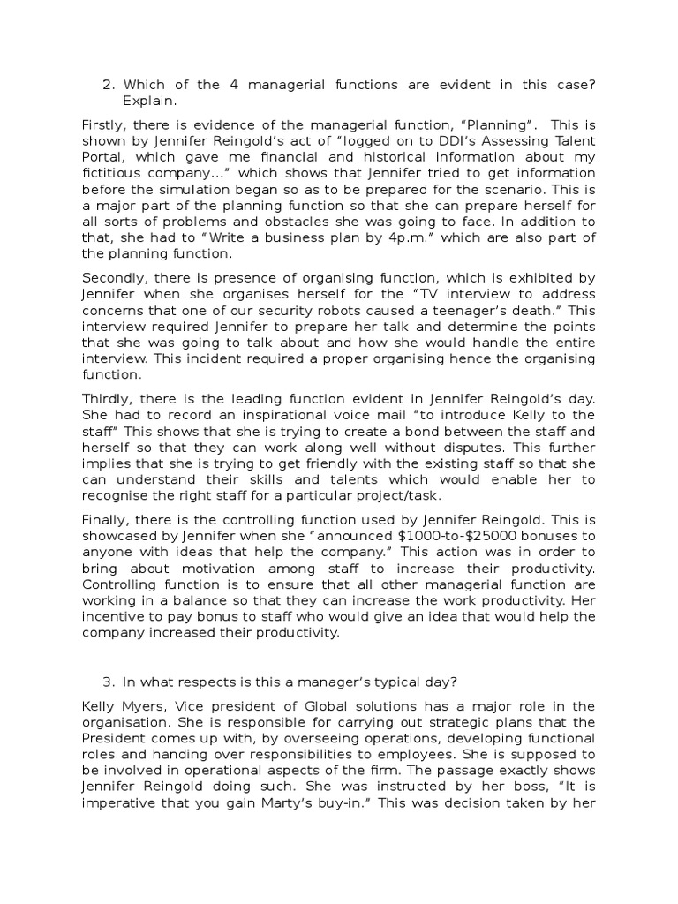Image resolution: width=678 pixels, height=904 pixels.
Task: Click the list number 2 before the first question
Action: point(109,85)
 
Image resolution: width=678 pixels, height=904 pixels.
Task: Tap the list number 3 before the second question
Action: point(109,681)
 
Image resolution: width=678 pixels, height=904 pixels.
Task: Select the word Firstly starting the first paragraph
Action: point(102,124)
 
